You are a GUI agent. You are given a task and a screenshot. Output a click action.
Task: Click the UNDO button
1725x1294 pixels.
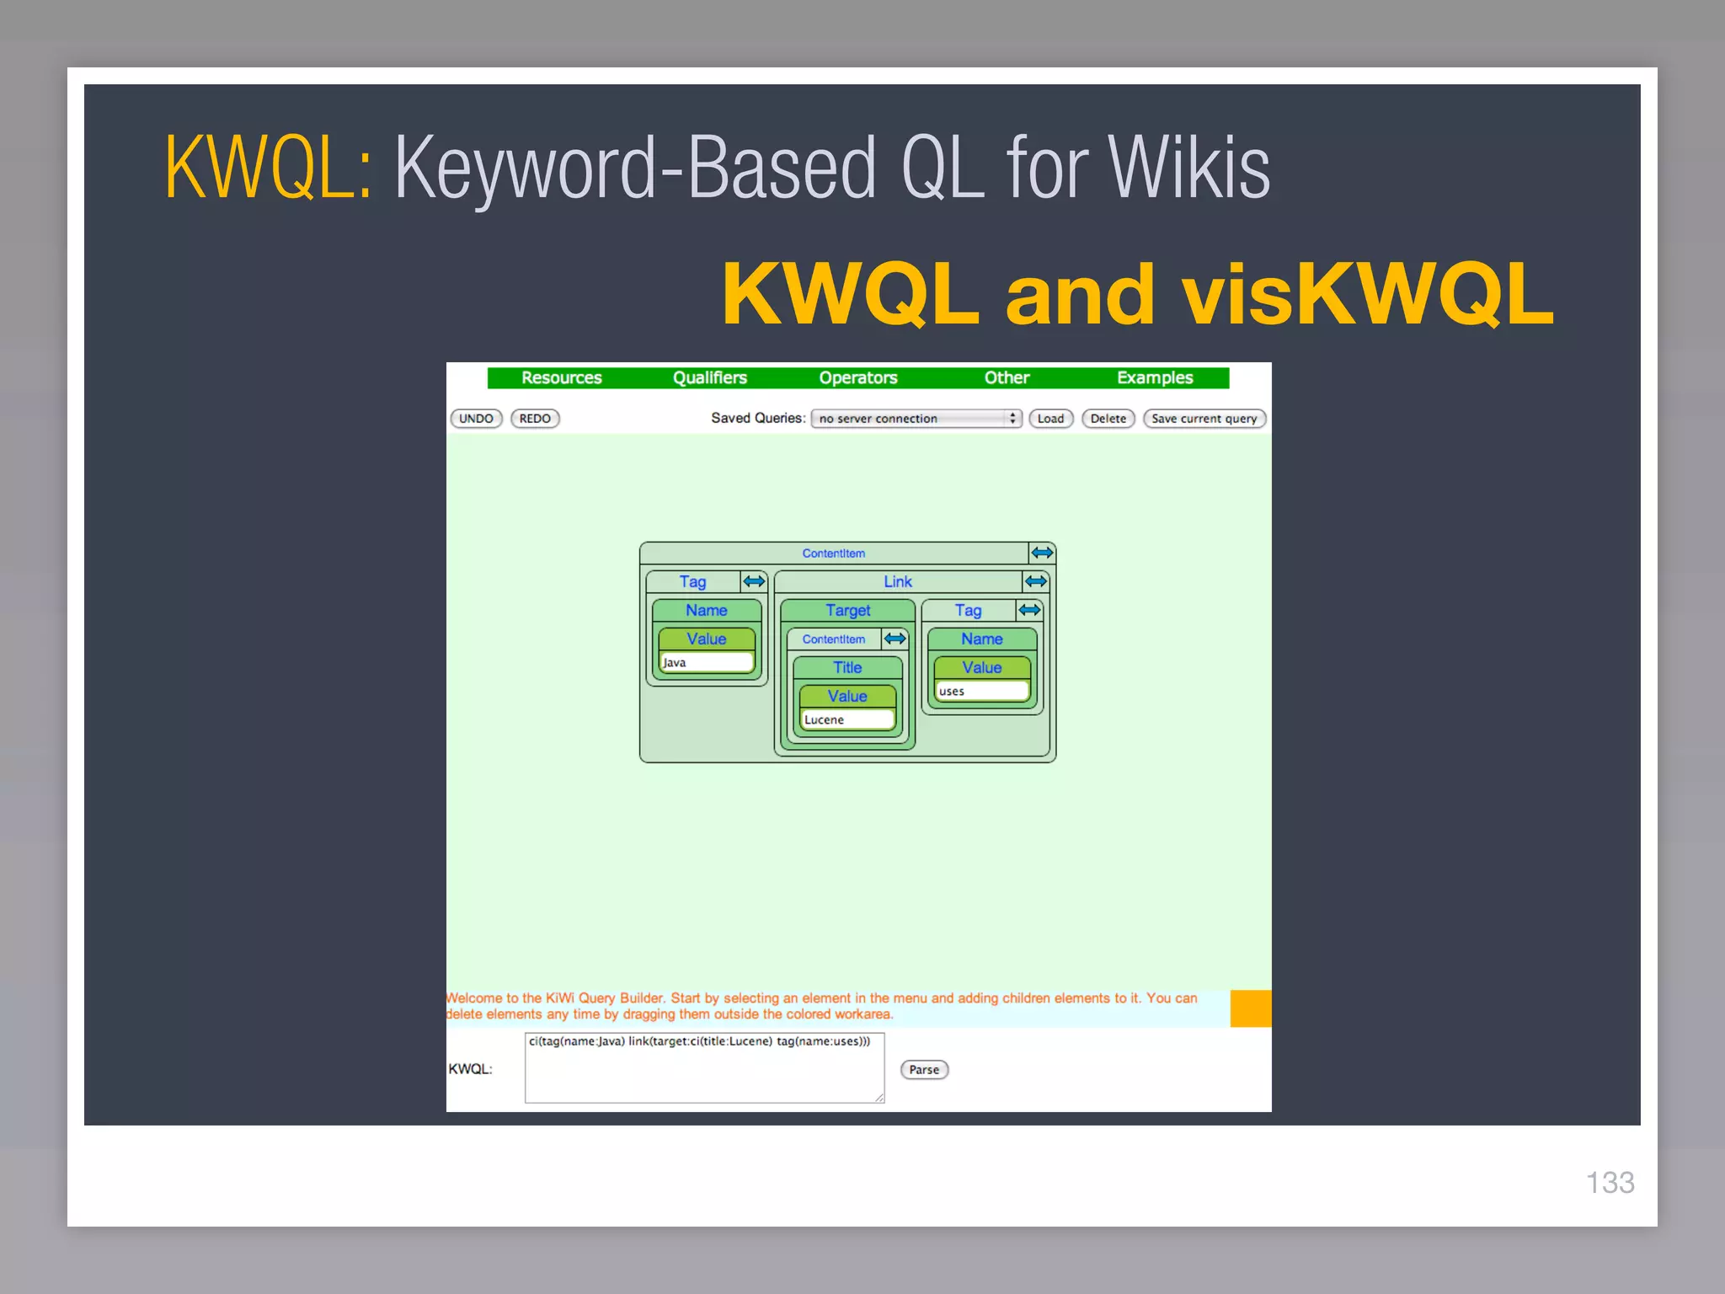tap(476, 419)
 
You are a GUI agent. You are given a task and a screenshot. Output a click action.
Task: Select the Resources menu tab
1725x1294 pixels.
tap(562, 377)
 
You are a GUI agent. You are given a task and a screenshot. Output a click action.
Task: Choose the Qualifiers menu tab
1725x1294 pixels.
tap(710, 377)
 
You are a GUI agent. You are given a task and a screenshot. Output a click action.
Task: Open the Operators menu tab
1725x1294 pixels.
tap(858, 377)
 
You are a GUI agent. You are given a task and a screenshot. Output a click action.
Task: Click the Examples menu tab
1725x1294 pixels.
tap(1155, 377)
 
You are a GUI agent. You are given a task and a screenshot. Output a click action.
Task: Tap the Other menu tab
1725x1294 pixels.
tap(1007, 377)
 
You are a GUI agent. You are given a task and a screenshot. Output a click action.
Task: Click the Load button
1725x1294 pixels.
tap(1050, 419)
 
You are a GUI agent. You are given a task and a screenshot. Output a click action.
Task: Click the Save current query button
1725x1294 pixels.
tap(1204, 419)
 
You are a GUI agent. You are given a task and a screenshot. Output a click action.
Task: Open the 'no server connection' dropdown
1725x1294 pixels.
tap(916, 419)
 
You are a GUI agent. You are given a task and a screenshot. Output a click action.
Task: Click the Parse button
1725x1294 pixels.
tap(924, 1070)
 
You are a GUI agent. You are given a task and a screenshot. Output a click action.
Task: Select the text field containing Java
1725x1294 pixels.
tap(707, 663)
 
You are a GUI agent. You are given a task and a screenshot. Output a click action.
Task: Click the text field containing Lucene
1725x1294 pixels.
tap(846, 719)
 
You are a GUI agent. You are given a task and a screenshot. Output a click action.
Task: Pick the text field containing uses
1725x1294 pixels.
tap(981, 692)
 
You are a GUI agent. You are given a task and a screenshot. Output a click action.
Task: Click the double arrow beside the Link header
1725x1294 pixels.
tap(1036, 581)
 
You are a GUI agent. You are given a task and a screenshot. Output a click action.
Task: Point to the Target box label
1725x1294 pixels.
tap(847, 610)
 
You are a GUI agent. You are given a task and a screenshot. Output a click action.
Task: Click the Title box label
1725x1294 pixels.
tap(847, 667)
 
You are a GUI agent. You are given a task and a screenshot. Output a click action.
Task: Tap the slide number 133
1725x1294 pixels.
tap(1610, 1183)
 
